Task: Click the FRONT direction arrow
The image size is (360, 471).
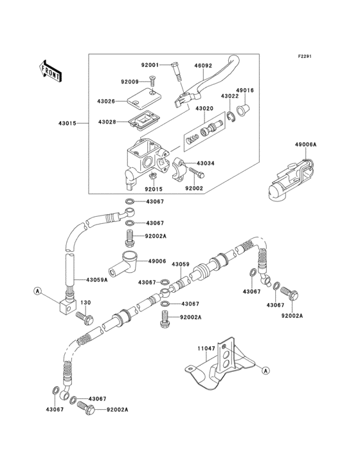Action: tap(51, 70)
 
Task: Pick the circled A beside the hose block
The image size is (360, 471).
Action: tap(39, 292)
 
